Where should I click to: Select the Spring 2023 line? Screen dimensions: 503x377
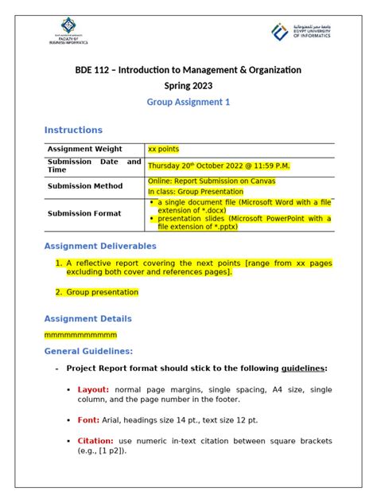188,86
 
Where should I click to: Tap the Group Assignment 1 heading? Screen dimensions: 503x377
188,103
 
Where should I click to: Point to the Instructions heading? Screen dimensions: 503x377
73,130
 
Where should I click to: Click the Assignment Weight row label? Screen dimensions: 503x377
84,149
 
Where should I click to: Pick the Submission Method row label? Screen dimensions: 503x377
85,186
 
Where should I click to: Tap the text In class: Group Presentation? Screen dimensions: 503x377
197,192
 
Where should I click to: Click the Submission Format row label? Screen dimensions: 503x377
84,213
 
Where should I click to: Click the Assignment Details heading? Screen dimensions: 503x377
87,318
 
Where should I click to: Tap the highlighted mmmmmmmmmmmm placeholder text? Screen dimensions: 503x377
80,334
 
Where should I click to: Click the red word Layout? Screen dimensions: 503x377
94,390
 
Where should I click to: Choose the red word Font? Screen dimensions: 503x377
88,419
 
